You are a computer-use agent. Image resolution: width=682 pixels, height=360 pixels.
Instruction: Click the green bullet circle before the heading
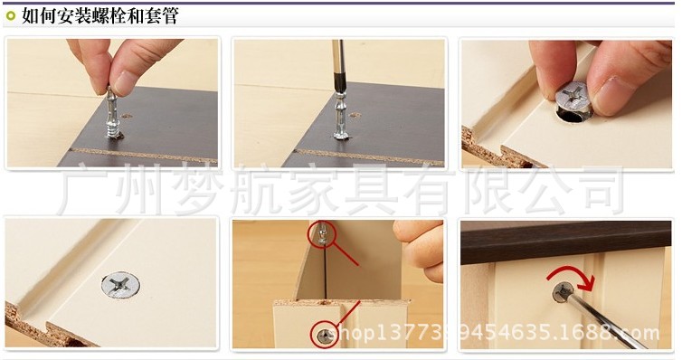pos(11,16)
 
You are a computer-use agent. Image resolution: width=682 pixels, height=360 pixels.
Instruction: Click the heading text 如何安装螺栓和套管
pos(100,16)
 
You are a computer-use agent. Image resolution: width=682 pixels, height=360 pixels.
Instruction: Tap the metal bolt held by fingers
pos(112,114)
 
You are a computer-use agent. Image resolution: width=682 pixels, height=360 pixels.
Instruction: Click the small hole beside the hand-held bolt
pos(127,116)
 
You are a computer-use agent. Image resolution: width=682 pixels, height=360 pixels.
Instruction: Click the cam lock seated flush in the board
pos(120,285)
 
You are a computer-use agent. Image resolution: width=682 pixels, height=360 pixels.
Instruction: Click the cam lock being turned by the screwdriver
pos(564,292)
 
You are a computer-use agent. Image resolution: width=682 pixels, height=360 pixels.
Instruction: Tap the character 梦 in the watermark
pos(198,191)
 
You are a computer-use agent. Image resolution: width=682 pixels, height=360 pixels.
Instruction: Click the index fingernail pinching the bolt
pos(126,82)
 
